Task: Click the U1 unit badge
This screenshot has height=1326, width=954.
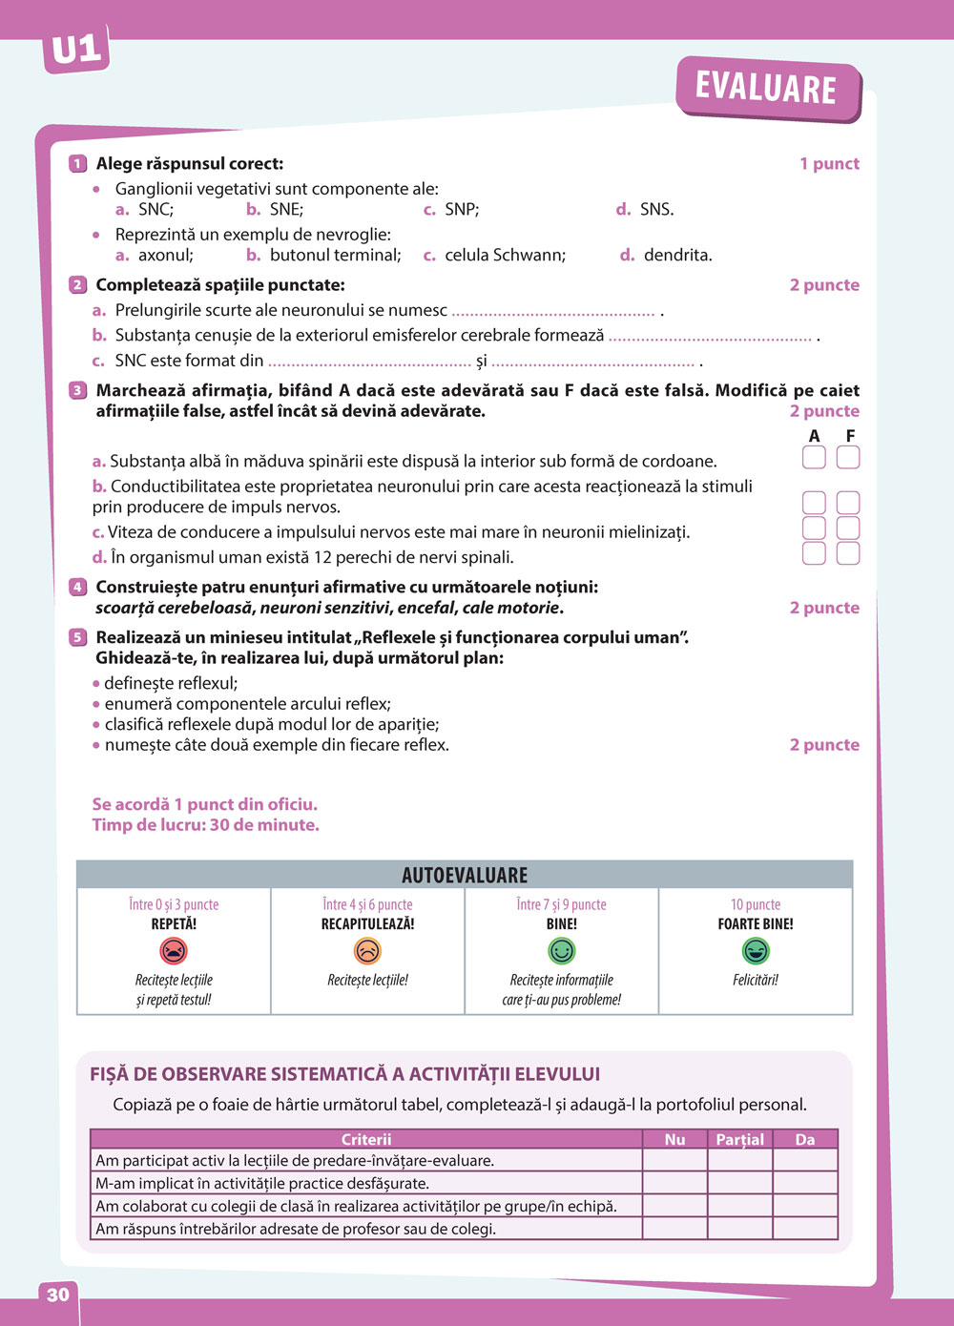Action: pyautogui.click(x=76, y=50)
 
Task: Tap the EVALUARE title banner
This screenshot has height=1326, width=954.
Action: pyautogui.click(x=766, y=88)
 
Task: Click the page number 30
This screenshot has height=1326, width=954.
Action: pyautogui.click(x=58, y=1295)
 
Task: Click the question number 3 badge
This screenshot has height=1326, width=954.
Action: pyautogui.click(x=78, y=390)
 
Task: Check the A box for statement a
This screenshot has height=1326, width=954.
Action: pyautogui.click(x=814, y=458)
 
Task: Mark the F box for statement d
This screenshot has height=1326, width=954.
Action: pyautogui.click(x=848, y=553)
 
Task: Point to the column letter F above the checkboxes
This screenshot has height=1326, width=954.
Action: pyautogui.click(x=850, y=436)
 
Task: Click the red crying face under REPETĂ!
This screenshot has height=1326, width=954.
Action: pyautogui.click(x=174, y=951)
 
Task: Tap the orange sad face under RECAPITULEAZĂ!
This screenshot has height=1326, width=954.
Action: pyautogui.click(x=367, y=951)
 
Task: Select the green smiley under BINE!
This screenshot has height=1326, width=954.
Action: pyautogui.click(x=561, y=951)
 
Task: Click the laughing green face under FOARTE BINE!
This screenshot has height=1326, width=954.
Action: pyautogui.click(x=756, y=951)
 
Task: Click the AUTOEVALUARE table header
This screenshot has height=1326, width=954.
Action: pyautogui.click(x=465, y=875)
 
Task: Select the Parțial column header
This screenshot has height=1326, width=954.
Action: pyautogui.click(x=740, y=1139)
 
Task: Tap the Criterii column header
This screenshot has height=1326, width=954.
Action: pyautogui.click(x=366, y=1139)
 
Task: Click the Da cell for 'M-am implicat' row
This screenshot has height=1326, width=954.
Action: pyautogui.click(x=805, y=1183)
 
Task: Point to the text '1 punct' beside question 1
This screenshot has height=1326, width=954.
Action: pyautogui.click(x=829, y=164)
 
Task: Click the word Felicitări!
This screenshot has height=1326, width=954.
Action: pyautogui.click(x=756, y=980)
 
